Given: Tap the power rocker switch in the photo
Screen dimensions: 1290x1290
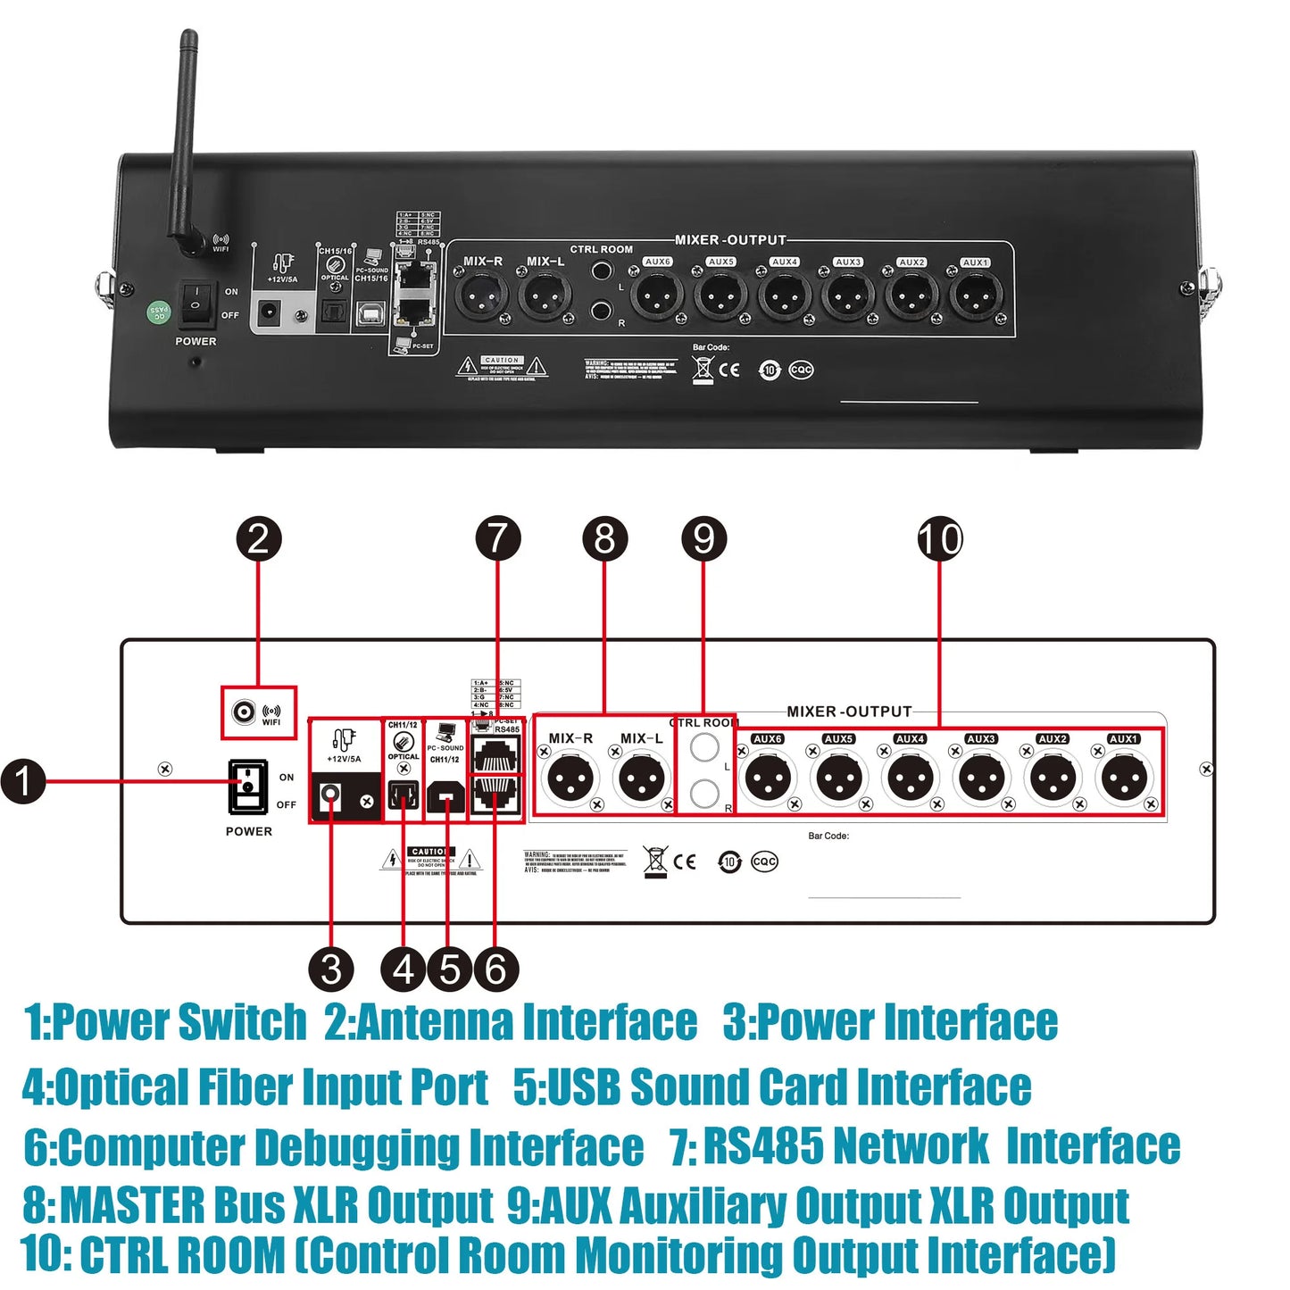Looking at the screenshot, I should click(x=195, y=304).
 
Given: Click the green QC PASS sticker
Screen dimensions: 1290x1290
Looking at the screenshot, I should click(x=158, y=312).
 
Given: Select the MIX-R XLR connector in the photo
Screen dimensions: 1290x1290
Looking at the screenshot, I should click(x=481, y=295).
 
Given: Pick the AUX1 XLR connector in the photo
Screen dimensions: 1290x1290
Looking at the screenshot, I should click(x=974, y=295).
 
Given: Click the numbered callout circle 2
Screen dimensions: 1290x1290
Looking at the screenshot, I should click(x=259, y=539).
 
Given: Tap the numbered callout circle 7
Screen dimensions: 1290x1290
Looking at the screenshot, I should click(x=497, y=539).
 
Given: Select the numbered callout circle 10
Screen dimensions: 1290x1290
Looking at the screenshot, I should click(x=940, y=539).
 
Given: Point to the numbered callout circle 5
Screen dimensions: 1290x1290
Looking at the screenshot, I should click(x=449, y=970).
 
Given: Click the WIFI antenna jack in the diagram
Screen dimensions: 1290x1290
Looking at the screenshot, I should click(x=243, y=712).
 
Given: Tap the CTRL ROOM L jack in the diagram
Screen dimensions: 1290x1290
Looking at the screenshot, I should click(x=704, y=748).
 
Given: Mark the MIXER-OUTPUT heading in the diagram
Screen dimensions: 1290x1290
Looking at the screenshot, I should click(x=849, y=712).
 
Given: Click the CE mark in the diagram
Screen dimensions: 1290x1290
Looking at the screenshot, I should click(x=685, y=861).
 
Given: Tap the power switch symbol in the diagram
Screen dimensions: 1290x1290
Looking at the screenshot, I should click(x=248, y=786).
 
